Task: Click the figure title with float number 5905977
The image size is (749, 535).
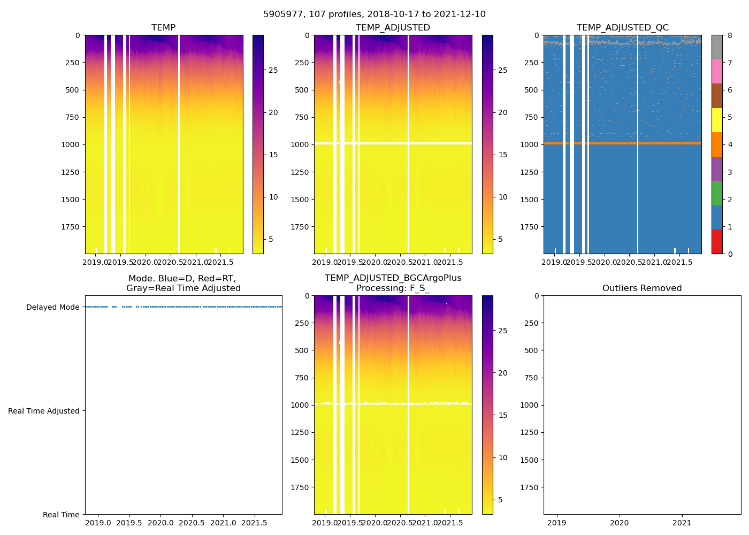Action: pos(374,14)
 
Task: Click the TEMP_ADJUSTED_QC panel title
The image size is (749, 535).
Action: pos(622,28)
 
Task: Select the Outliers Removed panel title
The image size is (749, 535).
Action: pos(642,288)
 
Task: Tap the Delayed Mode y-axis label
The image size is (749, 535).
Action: pos(52,308)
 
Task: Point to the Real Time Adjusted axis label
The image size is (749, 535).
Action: pos(43,411)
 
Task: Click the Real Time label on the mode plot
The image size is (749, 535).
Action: pos(61,515)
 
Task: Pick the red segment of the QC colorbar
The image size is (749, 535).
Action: pos(717,242)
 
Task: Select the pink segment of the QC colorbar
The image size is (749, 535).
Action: pos(717,71)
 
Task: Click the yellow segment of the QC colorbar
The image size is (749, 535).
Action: pos(717,120)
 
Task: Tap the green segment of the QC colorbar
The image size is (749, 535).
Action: pos(717,193)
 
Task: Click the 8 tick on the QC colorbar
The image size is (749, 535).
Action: pos(730,36)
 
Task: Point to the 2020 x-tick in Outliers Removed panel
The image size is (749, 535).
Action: pos(620,523)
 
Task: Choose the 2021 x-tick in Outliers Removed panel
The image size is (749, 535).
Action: pos(682,523)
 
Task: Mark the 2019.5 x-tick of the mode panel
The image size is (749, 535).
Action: pos(128,523)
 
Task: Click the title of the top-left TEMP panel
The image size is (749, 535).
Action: pos(163,28)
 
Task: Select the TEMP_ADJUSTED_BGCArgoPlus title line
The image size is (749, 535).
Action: pos(393,278)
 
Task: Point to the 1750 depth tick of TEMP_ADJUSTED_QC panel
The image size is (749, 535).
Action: pos(529,227)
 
